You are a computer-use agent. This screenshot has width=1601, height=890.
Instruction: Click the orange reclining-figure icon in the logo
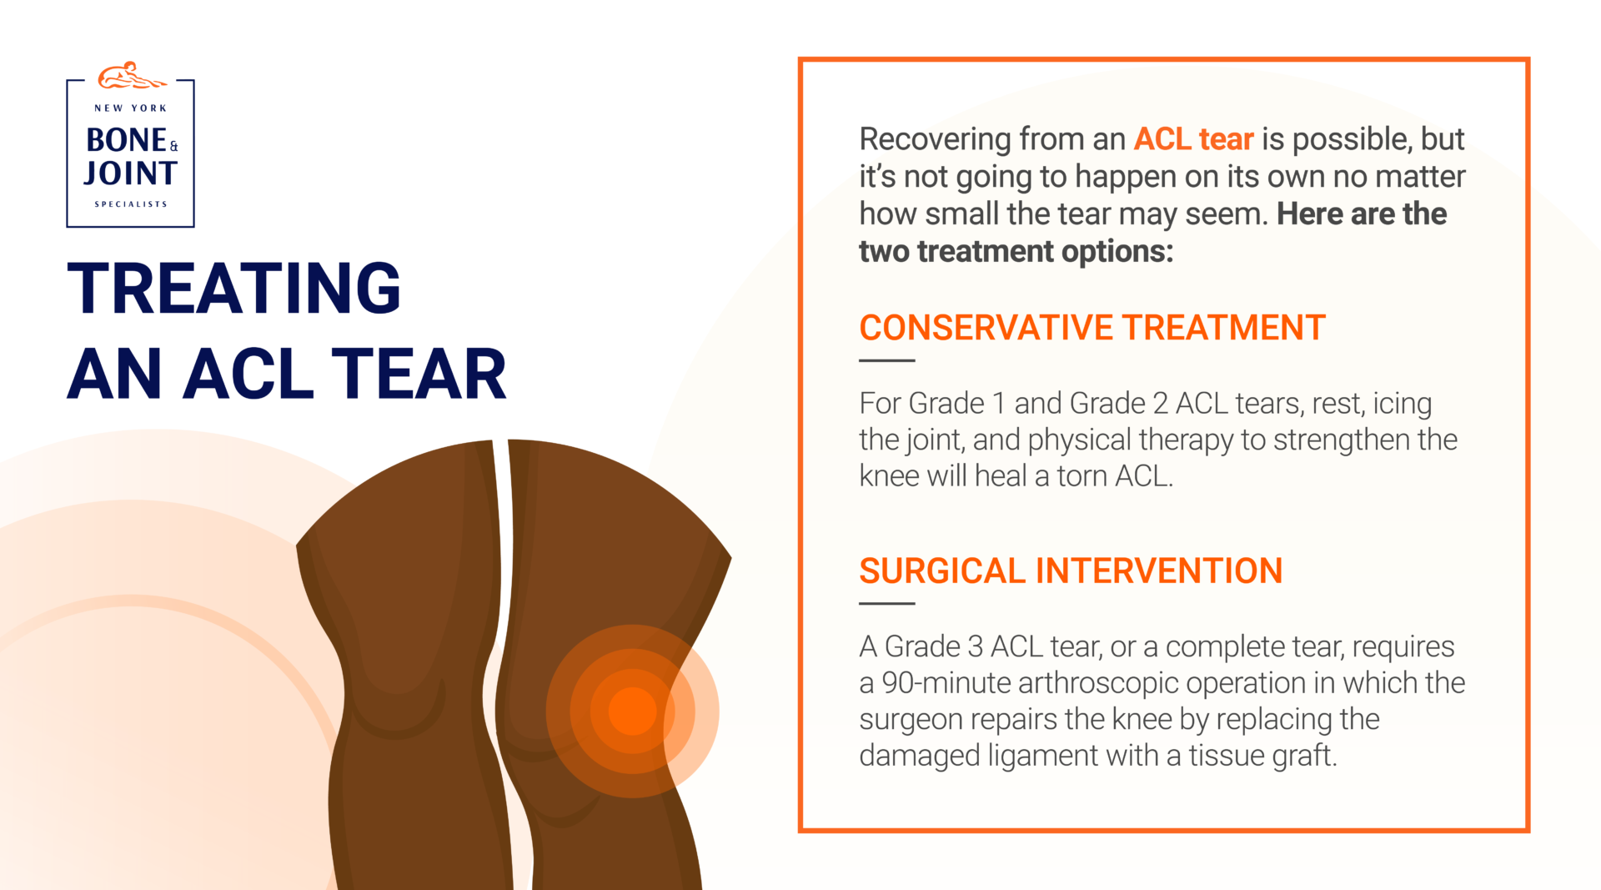click(131, 77)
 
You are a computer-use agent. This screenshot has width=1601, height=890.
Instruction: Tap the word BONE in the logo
click(127, 140)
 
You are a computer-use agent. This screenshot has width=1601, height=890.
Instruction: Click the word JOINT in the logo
click(131, 173)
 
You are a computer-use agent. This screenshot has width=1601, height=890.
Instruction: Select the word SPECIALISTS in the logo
click(131, 204)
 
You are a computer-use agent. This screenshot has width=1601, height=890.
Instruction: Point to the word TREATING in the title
click(233, 289)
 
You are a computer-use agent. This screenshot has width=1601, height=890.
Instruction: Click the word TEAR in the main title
click(419, 375)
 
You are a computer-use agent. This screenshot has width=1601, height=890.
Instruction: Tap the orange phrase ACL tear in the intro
click(1193, 139)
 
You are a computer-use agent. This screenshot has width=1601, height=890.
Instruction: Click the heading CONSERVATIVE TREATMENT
click(1092, 328)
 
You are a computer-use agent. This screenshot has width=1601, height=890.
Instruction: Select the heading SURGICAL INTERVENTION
click(1070, 571)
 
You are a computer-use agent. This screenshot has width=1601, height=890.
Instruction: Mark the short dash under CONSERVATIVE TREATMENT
click(886, 360)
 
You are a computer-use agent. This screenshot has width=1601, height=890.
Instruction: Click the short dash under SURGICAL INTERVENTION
click(886, 603)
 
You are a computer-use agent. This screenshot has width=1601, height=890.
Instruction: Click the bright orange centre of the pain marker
click(632, 711)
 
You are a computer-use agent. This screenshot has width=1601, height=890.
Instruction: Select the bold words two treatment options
click(1016, 252)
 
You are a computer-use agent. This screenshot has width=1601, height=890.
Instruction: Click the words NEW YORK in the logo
click(131, 108)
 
